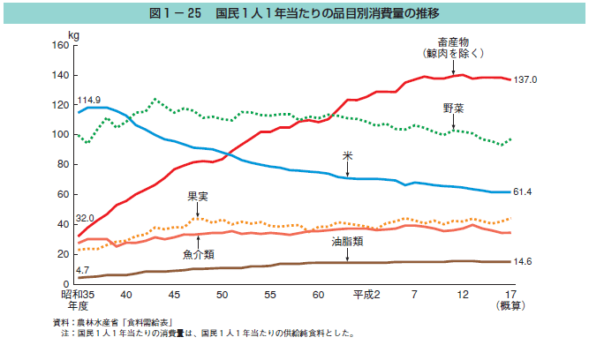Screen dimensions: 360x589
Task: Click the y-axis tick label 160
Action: pos(60,46)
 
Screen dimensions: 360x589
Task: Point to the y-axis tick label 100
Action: pos(60,135)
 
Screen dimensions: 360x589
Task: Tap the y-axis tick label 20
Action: pos(63,254)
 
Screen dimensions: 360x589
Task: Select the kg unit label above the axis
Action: pos(73,34)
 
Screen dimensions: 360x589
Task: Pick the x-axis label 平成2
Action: pos(366,294)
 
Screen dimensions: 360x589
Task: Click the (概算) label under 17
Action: pos(510,306)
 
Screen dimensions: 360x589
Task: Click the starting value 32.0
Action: pos(85,218)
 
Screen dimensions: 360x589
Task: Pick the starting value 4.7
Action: pos(81,269)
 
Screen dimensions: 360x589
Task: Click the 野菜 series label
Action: pos(455,108)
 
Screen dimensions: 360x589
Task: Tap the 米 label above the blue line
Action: pos(348,154)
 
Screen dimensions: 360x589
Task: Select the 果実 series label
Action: pos(197,196)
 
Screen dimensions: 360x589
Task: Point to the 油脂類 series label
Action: pos(348,240)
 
